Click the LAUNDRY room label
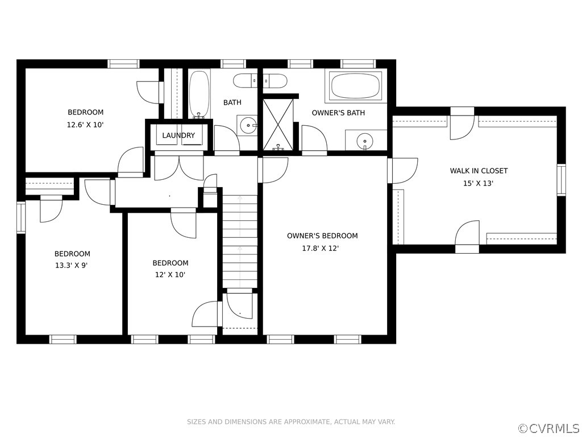click(178, 135)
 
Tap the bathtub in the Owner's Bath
click(356, 86)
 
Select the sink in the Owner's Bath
click(365, 141)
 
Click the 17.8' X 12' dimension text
click(321, 248)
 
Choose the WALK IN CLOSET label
click(479, 171)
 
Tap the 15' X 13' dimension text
click(478, 183)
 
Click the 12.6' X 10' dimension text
click(85, 125)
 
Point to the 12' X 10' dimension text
click(170, 275)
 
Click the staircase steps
click(240, 241)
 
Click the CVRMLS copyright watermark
click(550, 428)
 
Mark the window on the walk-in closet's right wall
click(561, 180)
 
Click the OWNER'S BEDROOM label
click(322, 236)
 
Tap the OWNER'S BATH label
click(338, 113)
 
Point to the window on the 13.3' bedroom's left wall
click(21, 217)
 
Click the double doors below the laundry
click(179, 168)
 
